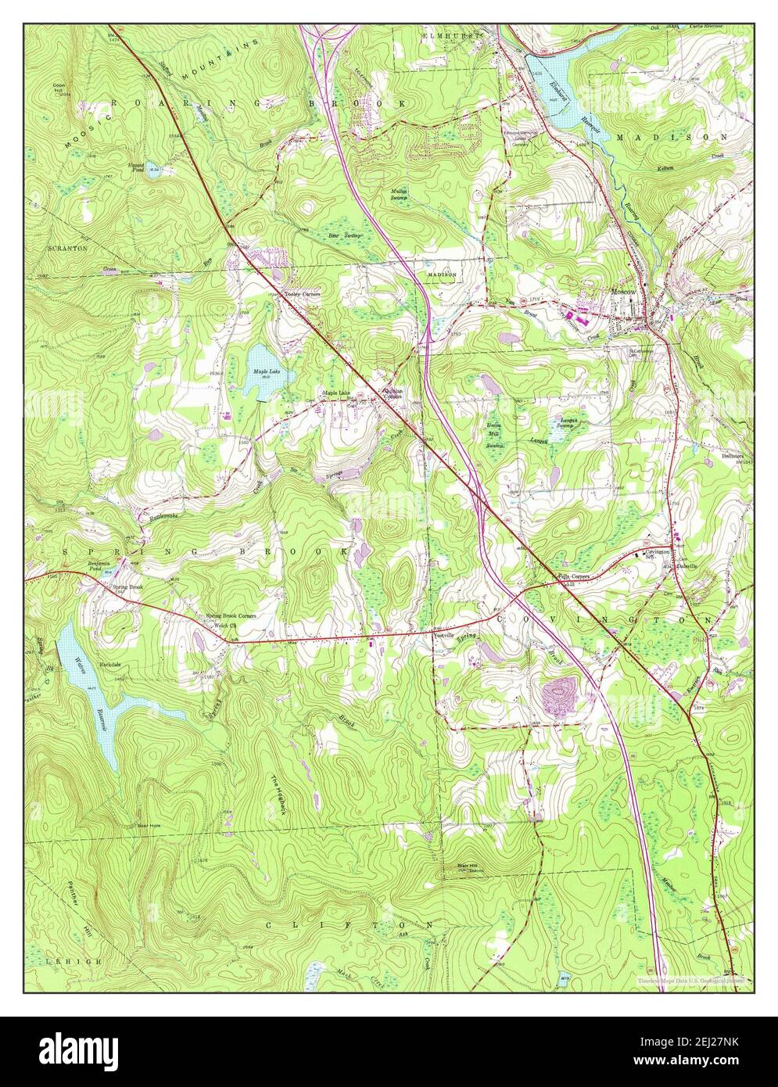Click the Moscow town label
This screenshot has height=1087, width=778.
(624, 292)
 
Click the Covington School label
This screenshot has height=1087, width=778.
(660, 554)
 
